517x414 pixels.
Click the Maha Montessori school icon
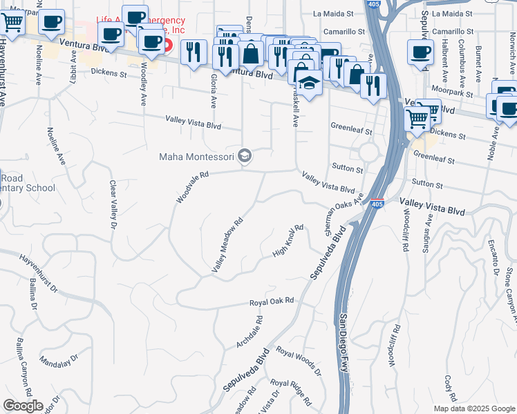click(244, 157)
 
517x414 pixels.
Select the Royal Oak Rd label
click(272, 302)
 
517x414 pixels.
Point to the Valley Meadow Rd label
click(228, 245)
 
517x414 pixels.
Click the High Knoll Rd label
click(288, 241)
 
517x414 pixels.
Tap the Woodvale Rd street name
click(192, 188)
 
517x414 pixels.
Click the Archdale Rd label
click(250, 332)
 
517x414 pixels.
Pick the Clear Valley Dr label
click(112, 204)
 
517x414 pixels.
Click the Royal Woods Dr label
click(299, 361)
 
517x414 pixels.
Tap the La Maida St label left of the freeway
click(334, 13)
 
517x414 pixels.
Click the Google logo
click(23, 406)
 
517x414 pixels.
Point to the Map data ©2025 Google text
click(473, 408)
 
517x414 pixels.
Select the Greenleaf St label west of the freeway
click(351, 128)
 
